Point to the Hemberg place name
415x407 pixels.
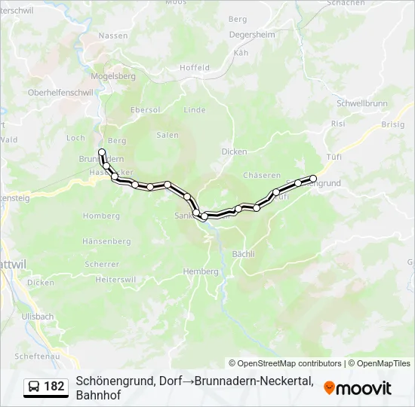[x=201, y=271]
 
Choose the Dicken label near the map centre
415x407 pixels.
[x=234, y=151]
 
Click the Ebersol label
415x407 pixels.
[x=145, y=109]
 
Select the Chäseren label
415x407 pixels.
[x=262, y=175]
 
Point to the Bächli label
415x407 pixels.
[x=244, y=253]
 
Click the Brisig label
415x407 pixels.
[x=392, y=124]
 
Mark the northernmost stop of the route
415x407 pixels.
[x=102, y=152]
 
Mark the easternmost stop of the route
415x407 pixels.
[x=313, y=179]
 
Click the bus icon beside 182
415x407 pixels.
[x=34, y=387]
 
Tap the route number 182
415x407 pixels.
[x=54, y=387]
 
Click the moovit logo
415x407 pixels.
[x=358, y=388]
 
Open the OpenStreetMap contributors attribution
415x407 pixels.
[x=285, y=363]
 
